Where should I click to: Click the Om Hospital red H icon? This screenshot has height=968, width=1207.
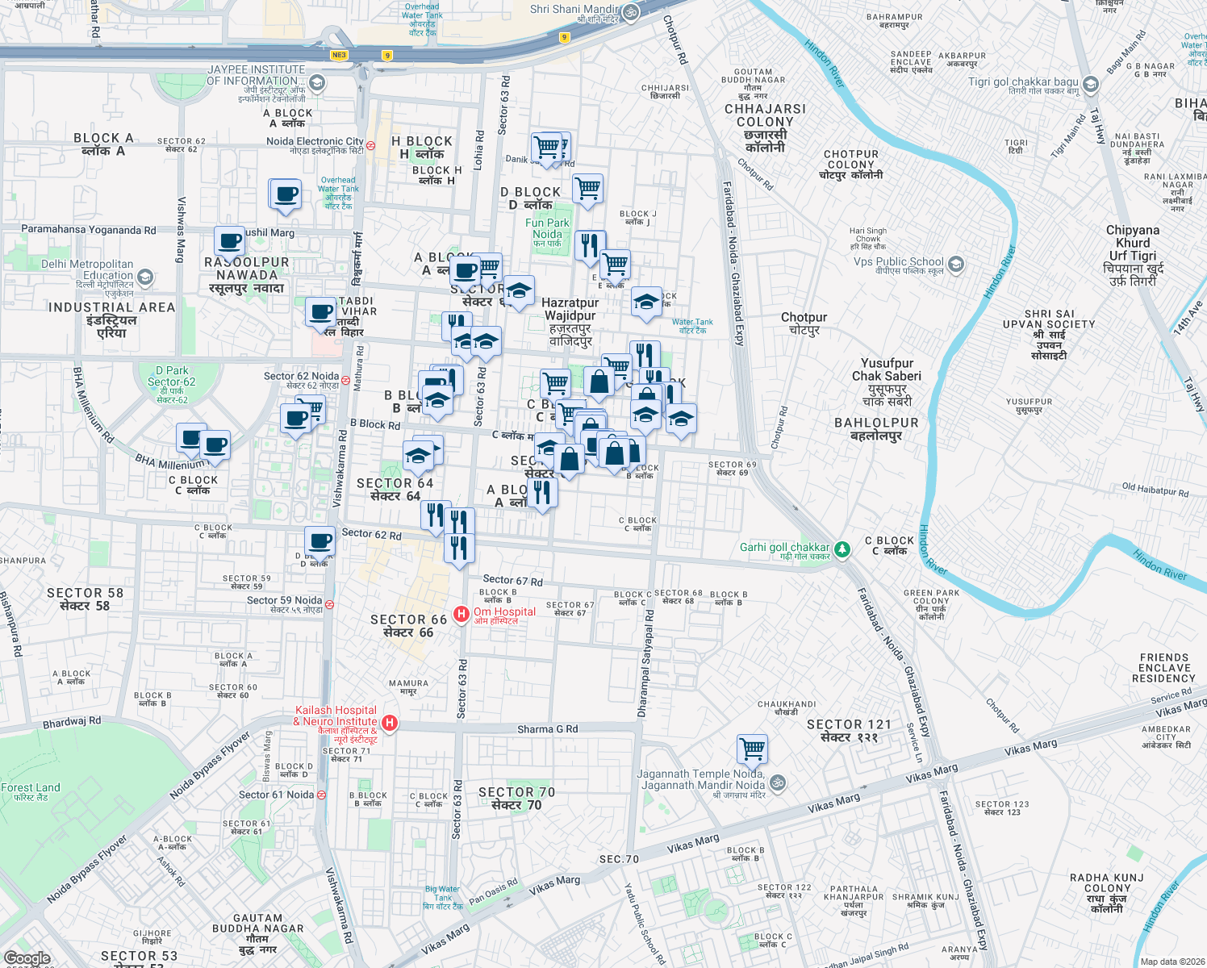click(461, 615)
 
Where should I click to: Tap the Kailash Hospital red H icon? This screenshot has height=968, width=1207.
click(390, 723)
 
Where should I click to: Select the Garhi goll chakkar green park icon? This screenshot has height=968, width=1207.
click(842, 549)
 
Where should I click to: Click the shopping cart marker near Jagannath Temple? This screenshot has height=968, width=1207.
click(752, 749)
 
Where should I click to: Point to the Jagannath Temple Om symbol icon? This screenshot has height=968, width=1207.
click(778, 782)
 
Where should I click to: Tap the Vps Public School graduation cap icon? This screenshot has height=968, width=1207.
click(956, 264)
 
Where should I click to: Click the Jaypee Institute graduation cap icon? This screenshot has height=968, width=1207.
click(317, 82)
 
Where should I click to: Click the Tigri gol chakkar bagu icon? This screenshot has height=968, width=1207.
click(1091, 85)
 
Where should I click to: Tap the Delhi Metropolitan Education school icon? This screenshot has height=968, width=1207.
click(145, 277)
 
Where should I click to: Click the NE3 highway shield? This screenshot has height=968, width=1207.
click(339, 56)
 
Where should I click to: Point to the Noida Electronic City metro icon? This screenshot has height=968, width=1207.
click(370, 146)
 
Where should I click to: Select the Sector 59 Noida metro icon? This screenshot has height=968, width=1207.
click(329, 604)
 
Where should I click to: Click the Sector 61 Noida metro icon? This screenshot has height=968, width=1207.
click(321, 795)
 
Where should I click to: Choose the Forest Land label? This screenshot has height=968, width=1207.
click(31, 791)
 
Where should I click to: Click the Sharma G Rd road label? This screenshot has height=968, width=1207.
click(547, 729)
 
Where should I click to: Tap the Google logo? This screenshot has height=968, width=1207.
click(27, 958)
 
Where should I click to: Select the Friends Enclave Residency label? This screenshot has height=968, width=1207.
click(1164, 668)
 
